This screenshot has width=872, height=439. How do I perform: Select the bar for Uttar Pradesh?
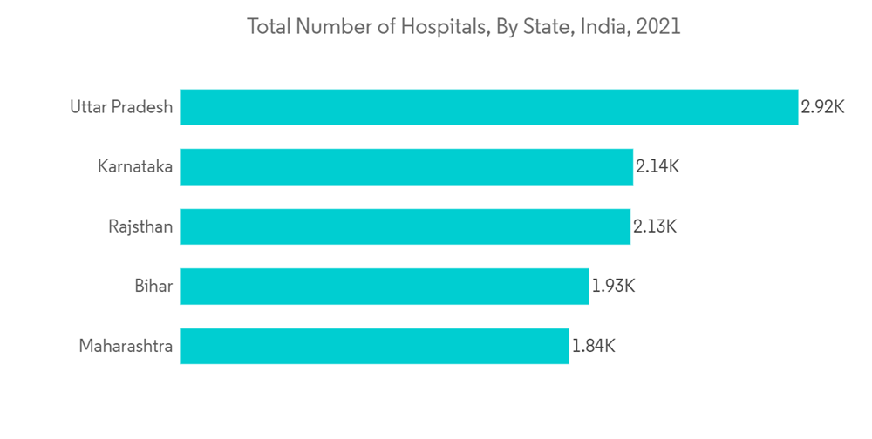click(488, 107)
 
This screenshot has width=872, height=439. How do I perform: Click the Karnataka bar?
click(406, 166)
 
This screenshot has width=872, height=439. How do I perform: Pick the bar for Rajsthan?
click(405, 226)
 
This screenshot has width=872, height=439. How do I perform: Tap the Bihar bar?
click(384, 286)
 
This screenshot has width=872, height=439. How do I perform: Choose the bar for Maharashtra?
click(374, 346)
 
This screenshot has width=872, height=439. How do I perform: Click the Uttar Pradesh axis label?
click(121, 107)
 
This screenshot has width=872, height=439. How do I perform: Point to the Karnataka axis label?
click(135, 166)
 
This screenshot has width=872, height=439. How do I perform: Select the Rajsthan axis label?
click(140, 226)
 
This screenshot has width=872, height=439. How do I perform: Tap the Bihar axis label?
click(153, 286)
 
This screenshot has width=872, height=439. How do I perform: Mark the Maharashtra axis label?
click(126, 346)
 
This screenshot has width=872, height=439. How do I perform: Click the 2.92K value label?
click(822, 107)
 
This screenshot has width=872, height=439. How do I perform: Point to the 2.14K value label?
click(657, 166)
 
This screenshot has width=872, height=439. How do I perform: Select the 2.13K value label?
click(655, 226)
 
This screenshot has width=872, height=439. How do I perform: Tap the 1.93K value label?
click(613, 286)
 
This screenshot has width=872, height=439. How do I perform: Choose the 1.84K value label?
click(594, 346)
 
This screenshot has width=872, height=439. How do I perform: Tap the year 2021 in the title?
click(658, 27)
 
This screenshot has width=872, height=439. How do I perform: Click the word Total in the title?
click(269, 27)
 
